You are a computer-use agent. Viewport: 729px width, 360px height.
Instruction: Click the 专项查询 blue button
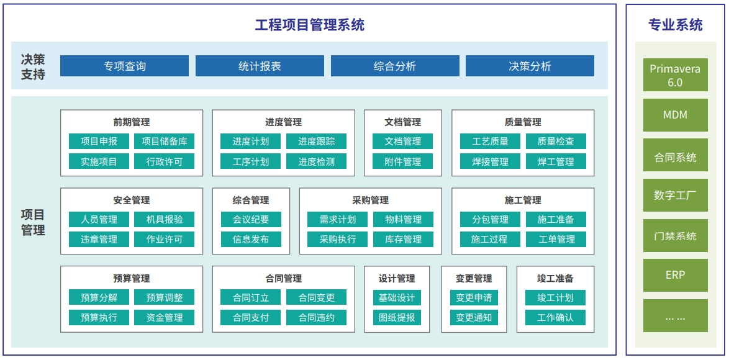[124, 66]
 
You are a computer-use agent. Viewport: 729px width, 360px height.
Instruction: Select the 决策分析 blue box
[530, 66]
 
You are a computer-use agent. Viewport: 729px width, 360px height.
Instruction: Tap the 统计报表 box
[260, 66]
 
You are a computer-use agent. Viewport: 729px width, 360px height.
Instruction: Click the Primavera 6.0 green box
[675, 74]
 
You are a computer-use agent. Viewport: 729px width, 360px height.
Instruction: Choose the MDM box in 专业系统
[675, 115]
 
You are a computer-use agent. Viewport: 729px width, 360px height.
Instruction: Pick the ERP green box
[675, 275]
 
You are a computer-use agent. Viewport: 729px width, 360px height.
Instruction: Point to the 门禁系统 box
[675, 235]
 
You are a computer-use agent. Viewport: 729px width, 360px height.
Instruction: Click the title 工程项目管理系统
[310, 25]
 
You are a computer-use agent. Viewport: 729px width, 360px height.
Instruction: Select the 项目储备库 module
[164, 142]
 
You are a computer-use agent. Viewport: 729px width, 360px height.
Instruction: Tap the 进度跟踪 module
[316, 142]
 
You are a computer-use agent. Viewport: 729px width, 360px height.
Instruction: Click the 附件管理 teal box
[402, 161]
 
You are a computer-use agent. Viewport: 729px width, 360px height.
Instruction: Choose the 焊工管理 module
[556, 161]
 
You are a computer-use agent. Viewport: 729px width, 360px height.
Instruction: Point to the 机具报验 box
[164, 219]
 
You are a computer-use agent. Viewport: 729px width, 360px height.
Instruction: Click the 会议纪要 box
[251, 219]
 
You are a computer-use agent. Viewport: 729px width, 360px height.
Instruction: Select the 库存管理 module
[403, 240]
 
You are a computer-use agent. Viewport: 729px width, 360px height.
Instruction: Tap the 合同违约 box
[316, 318]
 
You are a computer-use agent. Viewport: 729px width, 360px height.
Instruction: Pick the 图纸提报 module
[397, 318]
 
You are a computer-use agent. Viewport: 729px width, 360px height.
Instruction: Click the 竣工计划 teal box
[555, 297]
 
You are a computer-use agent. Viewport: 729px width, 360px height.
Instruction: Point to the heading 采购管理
[371, 200]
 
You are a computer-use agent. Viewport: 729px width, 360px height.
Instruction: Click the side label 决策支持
[33, 66]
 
